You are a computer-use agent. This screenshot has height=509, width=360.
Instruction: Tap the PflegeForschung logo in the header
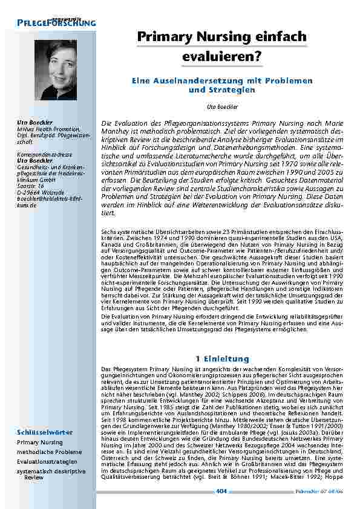click(x=57, y=22)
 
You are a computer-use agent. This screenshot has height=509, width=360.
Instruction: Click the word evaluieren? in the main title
click(x=221, y=56)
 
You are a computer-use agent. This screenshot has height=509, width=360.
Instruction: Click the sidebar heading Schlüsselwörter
click(x=45, y=432)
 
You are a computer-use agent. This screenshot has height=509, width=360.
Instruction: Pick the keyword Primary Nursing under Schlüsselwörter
click(x=39, y=442)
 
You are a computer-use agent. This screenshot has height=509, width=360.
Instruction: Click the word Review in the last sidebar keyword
click(x=34, y=477)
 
